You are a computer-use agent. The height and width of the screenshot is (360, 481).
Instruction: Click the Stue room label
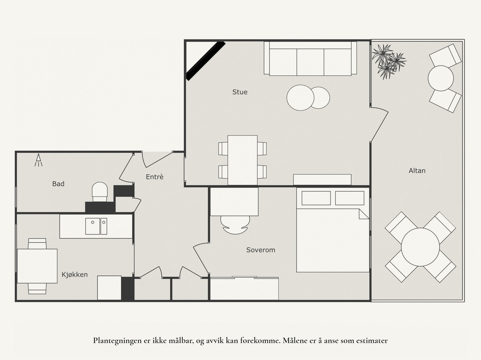pos(240,92)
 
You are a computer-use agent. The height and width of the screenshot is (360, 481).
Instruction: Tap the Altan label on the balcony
pos(417,171)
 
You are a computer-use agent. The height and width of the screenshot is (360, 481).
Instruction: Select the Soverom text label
pos(261,250)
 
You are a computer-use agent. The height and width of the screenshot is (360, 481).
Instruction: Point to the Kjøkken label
pos(75,275)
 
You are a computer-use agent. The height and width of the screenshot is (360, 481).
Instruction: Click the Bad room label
pos(58,184)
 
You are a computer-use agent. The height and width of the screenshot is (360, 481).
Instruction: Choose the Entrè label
pos(155,177)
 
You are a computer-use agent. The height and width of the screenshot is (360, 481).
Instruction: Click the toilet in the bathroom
pos(100,191)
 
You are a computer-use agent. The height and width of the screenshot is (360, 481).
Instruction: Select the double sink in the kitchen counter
pos(96,226)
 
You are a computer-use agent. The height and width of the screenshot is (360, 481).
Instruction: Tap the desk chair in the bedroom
pos(235,224)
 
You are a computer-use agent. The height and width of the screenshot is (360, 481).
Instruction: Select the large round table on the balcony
pos(420,247)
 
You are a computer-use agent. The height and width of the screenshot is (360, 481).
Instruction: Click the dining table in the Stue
pos(242,160)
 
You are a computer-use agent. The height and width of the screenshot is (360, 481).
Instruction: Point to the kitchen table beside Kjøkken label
pos(37,266)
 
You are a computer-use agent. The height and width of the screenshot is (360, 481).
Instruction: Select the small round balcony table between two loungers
pos(441,78)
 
